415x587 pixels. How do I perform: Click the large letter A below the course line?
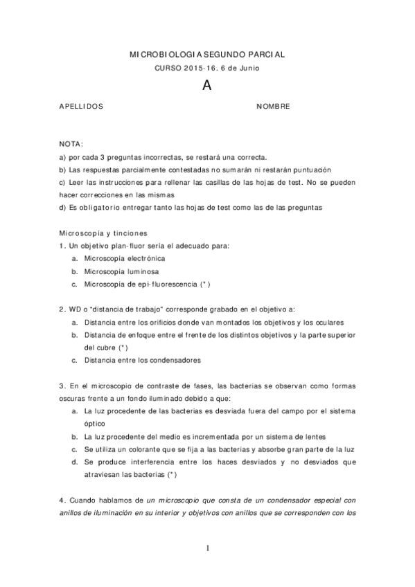[x=206, y=86]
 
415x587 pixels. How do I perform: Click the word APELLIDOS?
[x=82, y=107]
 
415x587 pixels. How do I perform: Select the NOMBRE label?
[x=273, y=107]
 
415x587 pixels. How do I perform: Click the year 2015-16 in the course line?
[x=200, y=68]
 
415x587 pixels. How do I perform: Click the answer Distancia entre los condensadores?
[x=142, y=360]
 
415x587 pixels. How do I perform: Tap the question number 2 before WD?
[x=62, y=309]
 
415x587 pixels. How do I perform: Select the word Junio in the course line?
[x=250, y=68]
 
